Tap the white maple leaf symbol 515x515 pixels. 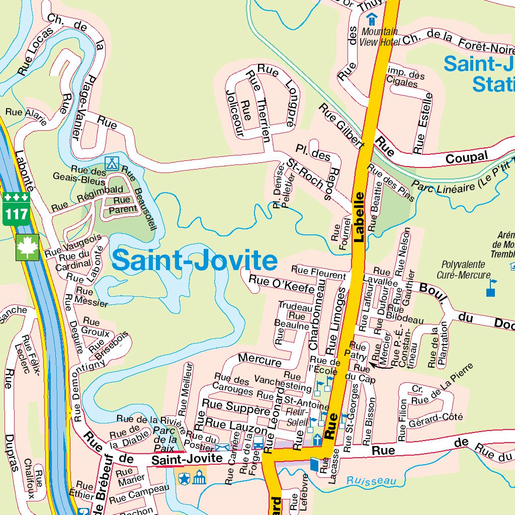(27, 247)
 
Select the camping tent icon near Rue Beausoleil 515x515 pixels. (111, 163)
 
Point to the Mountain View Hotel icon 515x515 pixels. (372, 20)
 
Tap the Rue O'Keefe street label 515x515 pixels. (281, 285)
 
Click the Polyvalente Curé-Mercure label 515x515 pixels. (463, 270)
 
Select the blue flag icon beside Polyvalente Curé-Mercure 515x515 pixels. (491, 288)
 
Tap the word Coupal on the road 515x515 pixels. (467, 157)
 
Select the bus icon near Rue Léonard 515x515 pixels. (258, 443)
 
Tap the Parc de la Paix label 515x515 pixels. (164, 439)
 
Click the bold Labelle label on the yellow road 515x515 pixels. (359, 217)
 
